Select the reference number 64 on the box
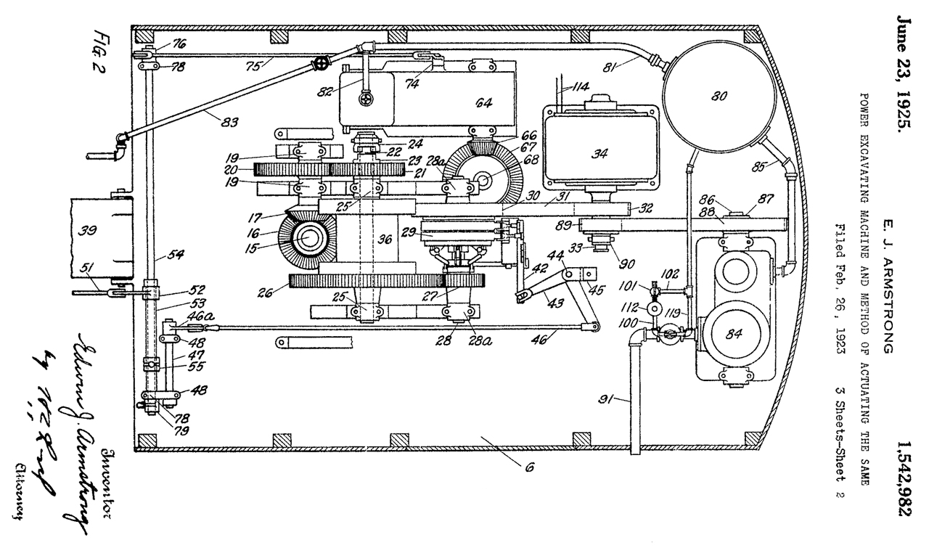[484, 102]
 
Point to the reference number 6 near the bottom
[530, 468]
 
